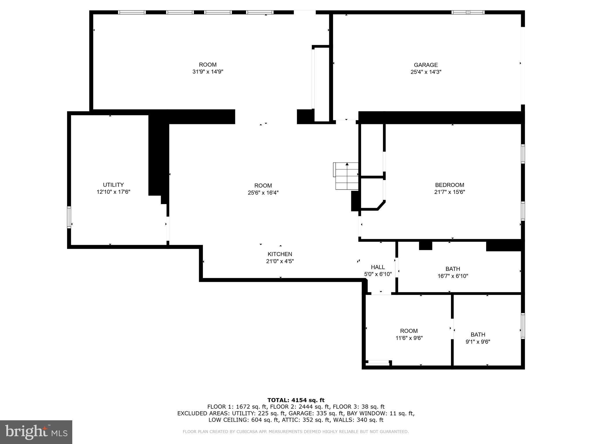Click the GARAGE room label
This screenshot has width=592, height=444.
[x=425, y=65]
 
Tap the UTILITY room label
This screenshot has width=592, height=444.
[x=113, y=185]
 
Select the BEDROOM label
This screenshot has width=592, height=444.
[x=449, y=185]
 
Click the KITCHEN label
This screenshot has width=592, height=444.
[x=280, y=254]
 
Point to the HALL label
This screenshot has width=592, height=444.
[x=378, y=267]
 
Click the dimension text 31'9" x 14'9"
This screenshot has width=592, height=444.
[x=208, y=72]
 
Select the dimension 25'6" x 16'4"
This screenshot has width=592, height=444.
[x=263, y=193]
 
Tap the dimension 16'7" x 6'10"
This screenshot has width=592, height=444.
[x=453, y=276]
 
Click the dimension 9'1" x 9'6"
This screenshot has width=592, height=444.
[x=478, y=342]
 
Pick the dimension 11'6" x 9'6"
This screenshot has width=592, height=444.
[x=409, y=338]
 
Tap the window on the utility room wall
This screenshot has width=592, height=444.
[x=69, y=217]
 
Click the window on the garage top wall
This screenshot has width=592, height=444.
[x=468, y=12]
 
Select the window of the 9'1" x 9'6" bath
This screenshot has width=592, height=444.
[x=523, y=326]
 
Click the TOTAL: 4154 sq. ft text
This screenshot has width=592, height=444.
[x=296, y=400]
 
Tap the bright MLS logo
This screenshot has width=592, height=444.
[x=36, y=432]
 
